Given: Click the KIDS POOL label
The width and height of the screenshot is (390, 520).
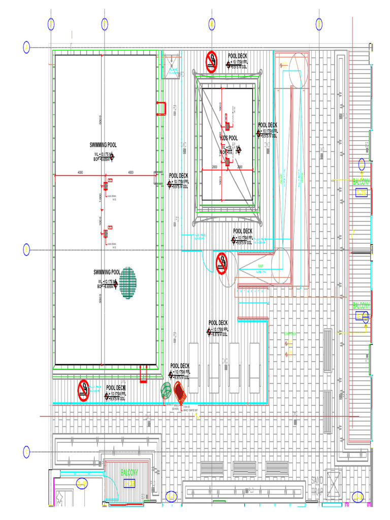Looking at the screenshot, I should click(x=229, y=138).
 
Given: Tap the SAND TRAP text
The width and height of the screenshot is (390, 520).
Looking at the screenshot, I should click(x=316, y=486).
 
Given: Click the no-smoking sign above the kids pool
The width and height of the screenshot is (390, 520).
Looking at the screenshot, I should click(x=212, y=61).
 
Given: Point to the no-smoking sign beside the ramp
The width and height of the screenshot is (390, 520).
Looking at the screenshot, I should click(x=222, y=263).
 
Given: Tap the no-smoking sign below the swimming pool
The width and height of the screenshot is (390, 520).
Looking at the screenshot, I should click(x=83, y=390).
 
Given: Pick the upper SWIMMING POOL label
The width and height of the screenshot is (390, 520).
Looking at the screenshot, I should click(x=103, y=145).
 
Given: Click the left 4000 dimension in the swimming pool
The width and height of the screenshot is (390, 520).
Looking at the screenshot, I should click(x=80, y=172).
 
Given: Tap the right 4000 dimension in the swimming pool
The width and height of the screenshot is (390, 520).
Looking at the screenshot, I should click(x=131, y=172).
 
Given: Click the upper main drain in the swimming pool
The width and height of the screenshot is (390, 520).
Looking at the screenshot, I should click(x=106, y=186).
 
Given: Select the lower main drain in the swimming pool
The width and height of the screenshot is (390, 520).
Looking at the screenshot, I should click(x=106, y=234).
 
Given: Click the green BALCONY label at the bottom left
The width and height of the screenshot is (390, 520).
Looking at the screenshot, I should click(x=129, y=473).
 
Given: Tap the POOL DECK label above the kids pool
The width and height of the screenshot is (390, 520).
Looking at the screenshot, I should click(x=238, y=56).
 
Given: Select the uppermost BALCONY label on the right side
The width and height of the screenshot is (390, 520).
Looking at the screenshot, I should click(x=362, y=181).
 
